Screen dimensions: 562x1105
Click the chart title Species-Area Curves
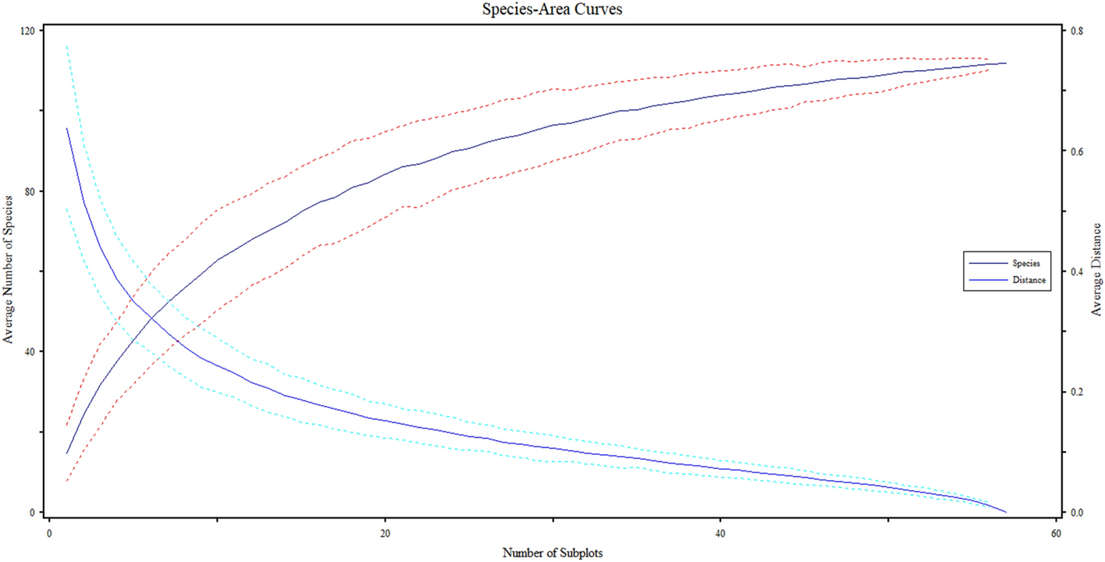point(552,10)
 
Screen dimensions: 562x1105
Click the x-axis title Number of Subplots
point(552,553)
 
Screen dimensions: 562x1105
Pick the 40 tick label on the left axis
point(32,351)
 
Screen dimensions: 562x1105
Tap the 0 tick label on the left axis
point(35,512)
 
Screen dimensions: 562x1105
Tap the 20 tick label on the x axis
point(385,532)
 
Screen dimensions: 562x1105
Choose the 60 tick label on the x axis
point(1056,532)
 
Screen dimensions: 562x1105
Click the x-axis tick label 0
point(49,532)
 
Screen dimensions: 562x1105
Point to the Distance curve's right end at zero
point(1007,512)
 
